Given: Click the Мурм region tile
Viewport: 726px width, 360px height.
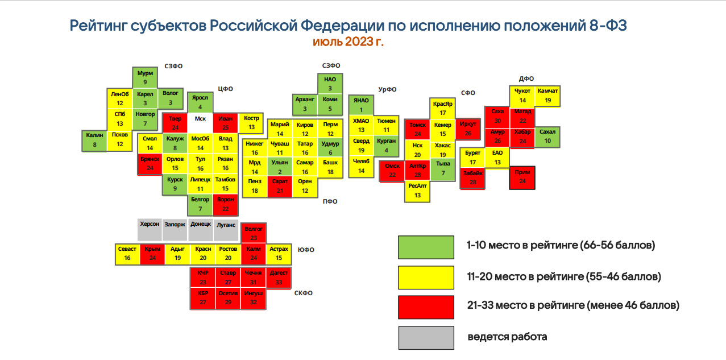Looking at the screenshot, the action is pos(145,77).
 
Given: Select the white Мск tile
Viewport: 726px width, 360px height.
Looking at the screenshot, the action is pos(200,123).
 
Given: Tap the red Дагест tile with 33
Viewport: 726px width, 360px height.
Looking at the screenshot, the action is pos(279,278).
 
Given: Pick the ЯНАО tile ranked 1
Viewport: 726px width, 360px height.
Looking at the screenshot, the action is pos(361,105).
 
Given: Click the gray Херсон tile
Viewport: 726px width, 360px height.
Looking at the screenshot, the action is pos(150,230).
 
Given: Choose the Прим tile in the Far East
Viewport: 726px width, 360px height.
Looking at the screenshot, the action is pos(522,178).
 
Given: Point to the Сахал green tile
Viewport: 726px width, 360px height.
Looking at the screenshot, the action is pos(547,137).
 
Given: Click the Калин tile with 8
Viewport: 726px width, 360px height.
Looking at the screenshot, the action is pos(94,140).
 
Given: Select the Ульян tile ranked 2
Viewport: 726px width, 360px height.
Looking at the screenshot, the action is pos(280,167).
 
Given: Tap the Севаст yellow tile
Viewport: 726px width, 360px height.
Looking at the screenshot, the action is pos(127,254).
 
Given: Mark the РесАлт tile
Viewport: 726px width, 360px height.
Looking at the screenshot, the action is pos(417,191).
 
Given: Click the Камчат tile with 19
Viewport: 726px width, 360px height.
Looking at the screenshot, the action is pos(547,96).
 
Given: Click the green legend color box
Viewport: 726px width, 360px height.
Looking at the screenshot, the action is pos(426,247).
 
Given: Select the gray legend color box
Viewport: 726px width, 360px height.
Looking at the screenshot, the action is pos(426,338).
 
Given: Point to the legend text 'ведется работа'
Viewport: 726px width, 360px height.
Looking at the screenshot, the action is pos(507,337).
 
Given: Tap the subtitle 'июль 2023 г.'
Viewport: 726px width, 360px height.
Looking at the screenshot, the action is pos(348,42).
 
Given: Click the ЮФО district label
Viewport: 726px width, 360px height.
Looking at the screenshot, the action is pos(306,250).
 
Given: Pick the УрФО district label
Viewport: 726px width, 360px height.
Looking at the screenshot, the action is pos(387,89).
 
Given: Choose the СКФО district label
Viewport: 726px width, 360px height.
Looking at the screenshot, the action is pos(304,293).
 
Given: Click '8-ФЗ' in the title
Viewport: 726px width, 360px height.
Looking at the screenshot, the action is pos(608,25).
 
